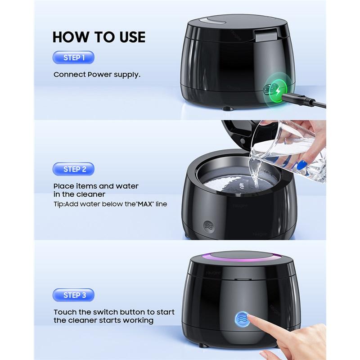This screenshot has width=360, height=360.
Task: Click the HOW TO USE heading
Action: click(x=99, y=36)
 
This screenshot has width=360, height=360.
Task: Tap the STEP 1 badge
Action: click(x=73, y=58)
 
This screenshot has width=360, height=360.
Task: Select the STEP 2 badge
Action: click(x=73, y=169)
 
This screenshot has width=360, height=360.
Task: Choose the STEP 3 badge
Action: click(x=73, y=295)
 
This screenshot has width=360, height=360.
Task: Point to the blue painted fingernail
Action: click(x=301, y=165)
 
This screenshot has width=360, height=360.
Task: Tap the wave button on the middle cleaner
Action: click(x=208, y=226)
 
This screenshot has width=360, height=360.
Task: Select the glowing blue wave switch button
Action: click(x=242, y=319)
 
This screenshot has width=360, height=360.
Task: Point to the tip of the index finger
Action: click(x=251, y=319)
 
